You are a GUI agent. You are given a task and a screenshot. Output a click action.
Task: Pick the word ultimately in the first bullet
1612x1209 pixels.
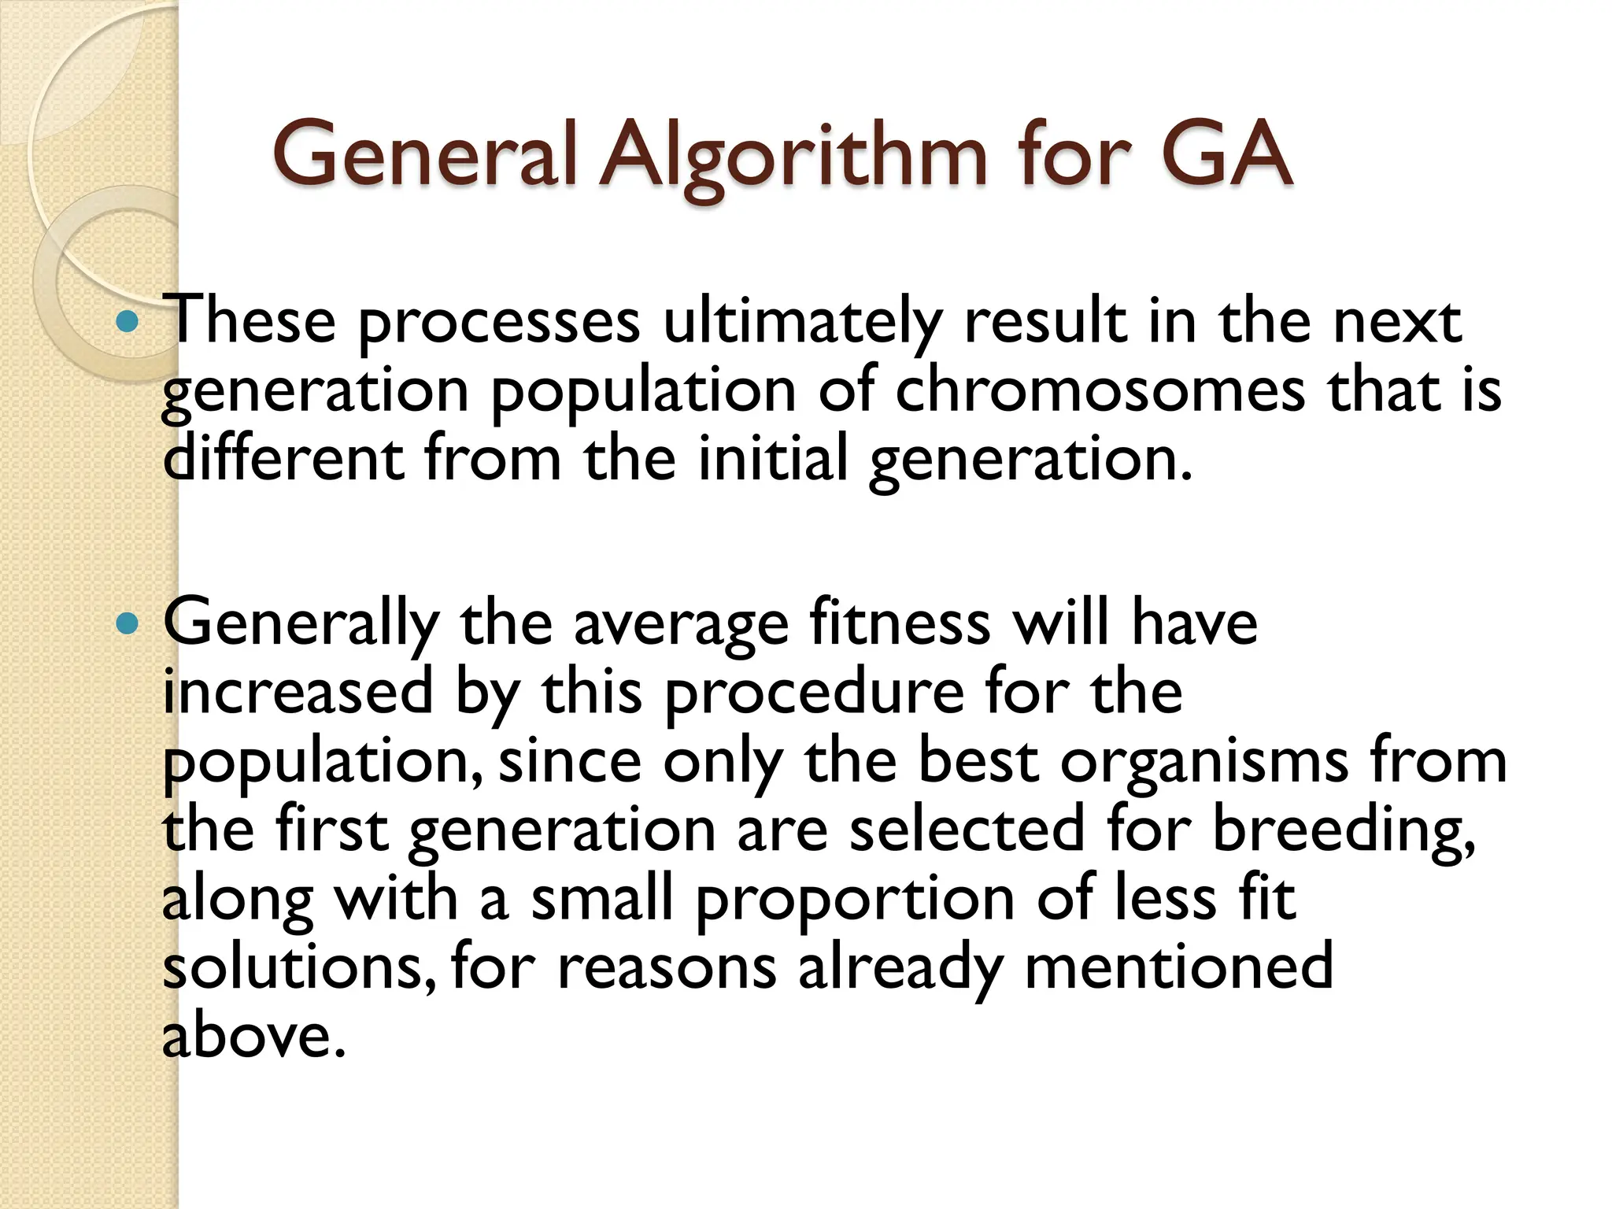[x=802, y=323]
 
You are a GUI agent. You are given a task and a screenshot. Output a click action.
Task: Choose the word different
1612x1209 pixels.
[x=283, y=460]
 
